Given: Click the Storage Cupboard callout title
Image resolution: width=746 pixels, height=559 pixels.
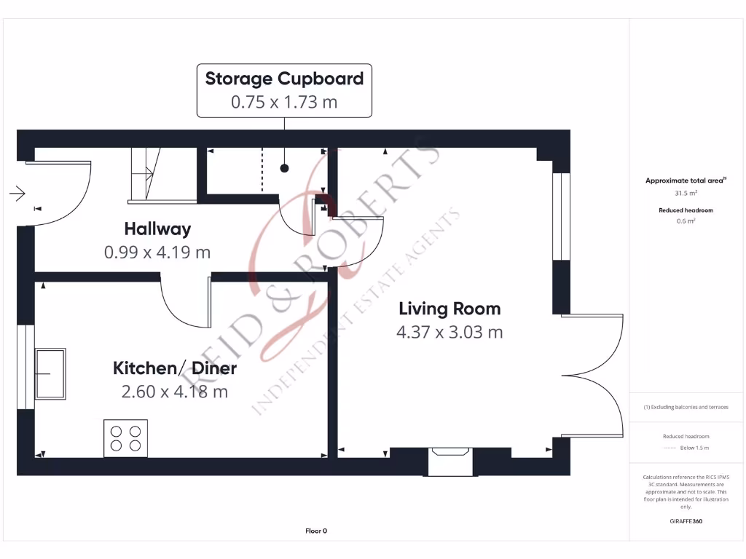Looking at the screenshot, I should coord(284,79).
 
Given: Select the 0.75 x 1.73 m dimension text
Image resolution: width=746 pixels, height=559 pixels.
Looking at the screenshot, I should coord(284,102).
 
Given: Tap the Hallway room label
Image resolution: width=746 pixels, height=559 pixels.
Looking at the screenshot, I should coord(157,229).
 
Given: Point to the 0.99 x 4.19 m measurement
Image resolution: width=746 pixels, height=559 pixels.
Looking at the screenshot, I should coord(157,253).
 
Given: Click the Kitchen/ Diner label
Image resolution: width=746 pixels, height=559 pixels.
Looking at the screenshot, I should coord(175,368).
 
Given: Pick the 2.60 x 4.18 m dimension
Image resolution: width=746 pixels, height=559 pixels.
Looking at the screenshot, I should coord(175,392).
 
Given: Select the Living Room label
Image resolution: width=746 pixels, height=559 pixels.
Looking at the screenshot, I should coord(449,309).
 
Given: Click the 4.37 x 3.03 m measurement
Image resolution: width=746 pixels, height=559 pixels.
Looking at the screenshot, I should coord(449,333).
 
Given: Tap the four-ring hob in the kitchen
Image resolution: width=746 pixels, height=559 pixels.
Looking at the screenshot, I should coord(125,438).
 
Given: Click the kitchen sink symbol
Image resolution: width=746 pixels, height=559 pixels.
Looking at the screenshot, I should coord(50,373).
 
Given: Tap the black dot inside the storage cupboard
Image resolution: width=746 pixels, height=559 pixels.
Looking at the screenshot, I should coord(285,168).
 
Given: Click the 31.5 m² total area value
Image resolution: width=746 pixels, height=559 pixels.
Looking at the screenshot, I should coord(685,193).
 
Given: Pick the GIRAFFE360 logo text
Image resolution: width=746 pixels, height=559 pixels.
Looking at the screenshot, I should coord(685,521).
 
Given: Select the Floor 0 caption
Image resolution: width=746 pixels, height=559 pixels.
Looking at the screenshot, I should coord(316,531).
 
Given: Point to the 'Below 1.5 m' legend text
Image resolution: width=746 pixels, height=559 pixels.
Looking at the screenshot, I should coord(694,448).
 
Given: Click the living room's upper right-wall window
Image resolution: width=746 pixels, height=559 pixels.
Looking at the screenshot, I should coord(561,216).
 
